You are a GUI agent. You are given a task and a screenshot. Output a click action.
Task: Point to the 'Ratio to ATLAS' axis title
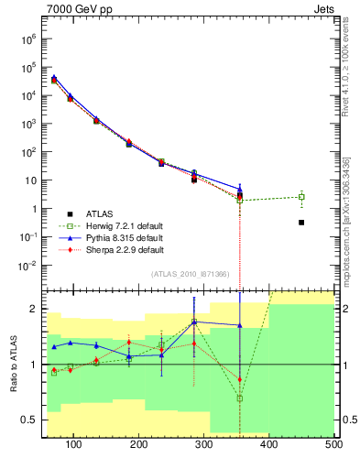(x=15, y=362)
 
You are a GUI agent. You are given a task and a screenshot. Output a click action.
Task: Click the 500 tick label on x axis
(x=333, y=446)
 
